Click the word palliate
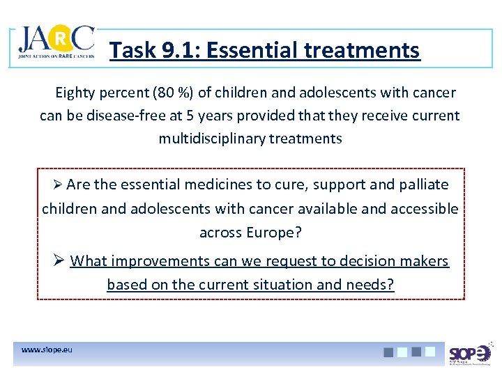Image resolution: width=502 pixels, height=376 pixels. [423, 185]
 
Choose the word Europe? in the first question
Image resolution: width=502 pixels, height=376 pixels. [274, 233]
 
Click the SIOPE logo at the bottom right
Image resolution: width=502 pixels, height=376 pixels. [469, 354]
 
